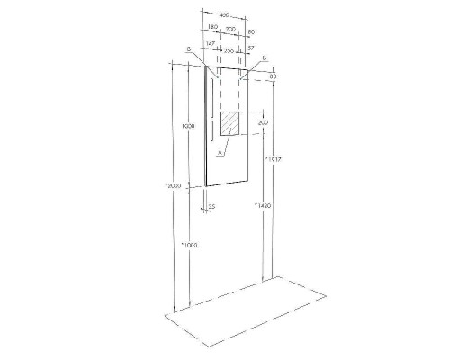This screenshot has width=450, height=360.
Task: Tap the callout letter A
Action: [219, 153]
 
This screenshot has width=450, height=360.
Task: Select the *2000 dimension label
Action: [174, 185]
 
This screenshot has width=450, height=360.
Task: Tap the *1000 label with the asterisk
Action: [189, 245]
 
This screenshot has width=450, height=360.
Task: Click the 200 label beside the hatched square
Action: [264, 122]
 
